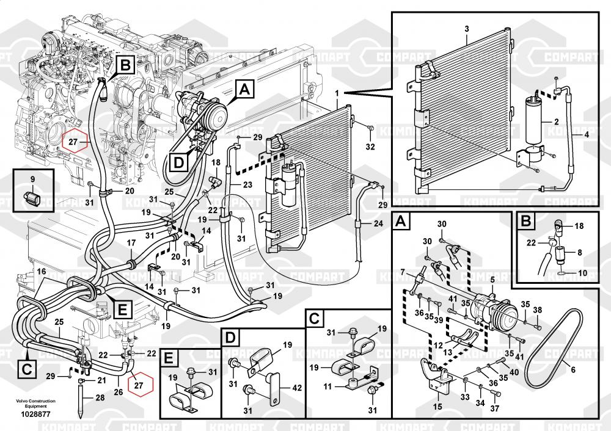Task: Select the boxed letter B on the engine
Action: point(124,63)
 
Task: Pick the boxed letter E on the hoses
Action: point(122,310)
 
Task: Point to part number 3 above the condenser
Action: point(466,29)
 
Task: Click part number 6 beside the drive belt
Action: point(573,369)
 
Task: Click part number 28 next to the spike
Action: point(100,397)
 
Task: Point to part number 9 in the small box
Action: point(33,179)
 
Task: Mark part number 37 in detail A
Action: point(495,409)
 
